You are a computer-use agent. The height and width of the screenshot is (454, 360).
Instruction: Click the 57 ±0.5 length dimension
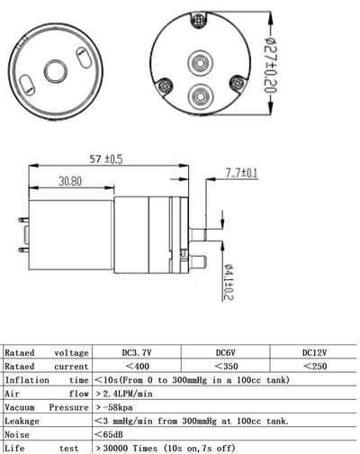pos(106,159)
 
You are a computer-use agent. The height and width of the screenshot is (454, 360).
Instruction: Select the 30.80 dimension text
pos(70,181)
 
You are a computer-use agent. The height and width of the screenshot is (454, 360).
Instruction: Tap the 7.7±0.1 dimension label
pos(241,173)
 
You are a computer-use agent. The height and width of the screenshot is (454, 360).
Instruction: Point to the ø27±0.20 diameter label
pos(271,65)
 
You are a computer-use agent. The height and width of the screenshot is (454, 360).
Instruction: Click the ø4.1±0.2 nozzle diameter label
pos(229,282)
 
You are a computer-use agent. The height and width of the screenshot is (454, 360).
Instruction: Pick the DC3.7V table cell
pos(137,352)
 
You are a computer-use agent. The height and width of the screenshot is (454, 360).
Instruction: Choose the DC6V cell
pos(226,352)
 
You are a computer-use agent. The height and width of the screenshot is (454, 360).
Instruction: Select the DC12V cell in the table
pos(314,352)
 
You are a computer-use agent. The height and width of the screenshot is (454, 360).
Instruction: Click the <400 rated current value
pos(138,367)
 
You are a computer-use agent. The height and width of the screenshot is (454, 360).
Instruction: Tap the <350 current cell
pos(226,367)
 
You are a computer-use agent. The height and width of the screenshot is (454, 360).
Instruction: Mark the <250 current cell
pos(315,367)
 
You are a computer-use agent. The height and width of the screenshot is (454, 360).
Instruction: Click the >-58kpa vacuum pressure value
pos(114,407)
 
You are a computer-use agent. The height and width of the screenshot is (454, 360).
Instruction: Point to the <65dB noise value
pos(109,434)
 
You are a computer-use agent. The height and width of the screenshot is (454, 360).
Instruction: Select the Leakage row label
pos(22,421)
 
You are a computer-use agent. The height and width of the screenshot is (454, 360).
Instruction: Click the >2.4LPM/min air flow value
pos(124,394)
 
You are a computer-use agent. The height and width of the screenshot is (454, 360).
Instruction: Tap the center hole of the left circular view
pos(56,71)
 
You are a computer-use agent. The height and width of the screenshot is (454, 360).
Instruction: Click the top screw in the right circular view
pos(198,21)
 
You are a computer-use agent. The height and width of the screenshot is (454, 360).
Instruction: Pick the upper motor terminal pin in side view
pos(23,220)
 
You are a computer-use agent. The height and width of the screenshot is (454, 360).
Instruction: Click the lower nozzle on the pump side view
pos(198,261)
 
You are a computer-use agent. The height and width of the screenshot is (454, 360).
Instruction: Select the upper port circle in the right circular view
pos(201,63)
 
